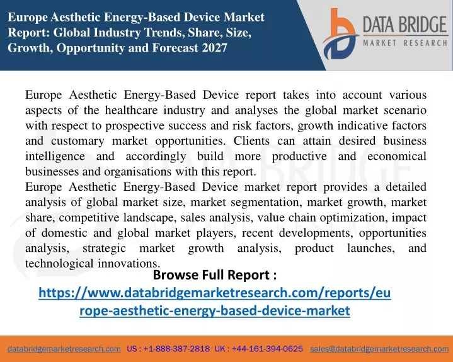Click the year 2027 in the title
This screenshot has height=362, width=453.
(215, 48)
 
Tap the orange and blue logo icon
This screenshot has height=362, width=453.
(340, 34)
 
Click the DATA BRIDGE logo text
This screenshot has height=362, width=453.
(404, 25)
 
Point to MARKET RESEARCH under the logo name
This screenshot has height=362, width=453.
(405, 43)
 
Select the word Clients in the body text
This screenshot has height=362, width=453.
(251, 140)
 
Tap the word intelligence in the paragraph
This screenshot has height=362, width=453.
(55, 157)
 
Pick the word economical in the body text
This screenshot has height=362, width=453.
(397, 156)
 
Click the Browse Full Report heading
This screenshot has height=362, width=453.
(215, 275)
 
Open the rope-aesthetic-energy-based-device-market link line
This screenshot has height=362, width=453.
(215, 311)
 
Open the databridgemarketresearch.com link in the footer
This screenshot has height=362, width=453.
(64, 349)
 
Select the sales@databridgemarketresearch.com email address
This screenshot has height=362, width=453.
(379, 349)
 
